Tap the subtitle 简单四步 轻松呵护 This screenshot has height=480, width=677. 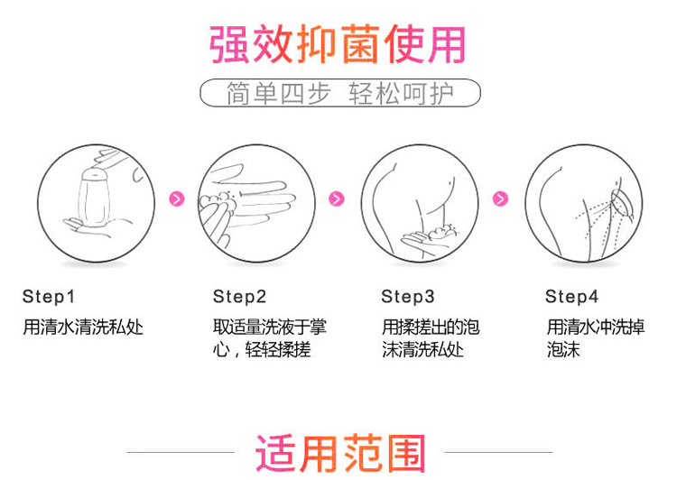click(x=339, y=94)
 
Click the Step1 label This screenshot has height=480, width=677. click(x=49, y=296)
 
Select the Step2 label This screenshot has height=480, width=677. click(x=240, y=296)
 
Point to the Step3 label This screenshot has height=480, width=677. click(x=408, y=296)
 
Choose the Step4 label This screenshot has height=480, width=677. click(x=572, y=296)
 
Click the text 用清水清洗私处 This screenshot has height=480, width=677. click(x=83, y=327)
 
